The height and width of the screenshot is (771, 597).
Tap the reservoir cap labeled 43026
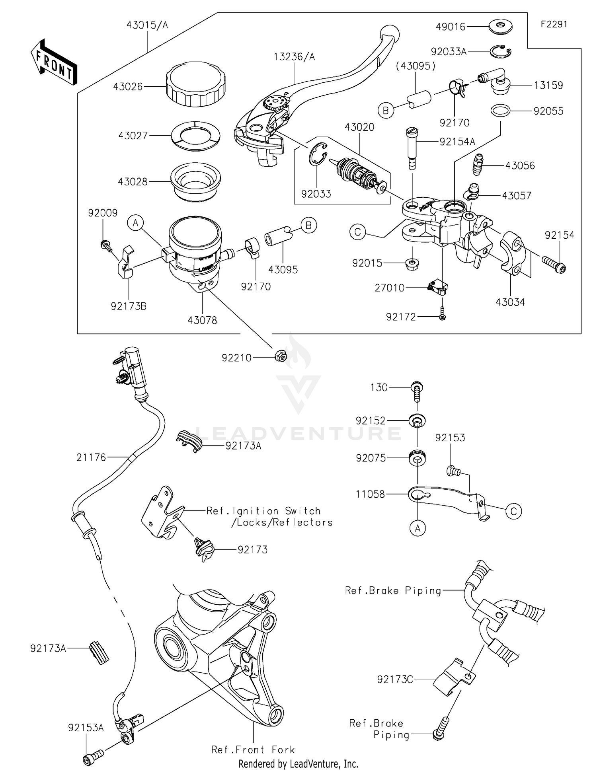(196, 85)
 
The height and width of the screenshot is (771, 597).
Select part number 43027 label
(133, 136)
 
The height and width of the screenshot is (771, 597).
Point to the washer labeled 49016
(500, 27)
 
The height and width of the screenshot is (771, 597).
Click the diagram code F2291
(554, 24)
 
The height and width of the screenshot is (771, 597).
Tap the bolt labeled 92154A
(412, 147)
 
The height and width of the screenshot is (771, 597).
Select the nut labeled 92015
(412, 264)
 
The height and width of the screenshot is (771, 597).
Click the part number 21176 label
(92, 458)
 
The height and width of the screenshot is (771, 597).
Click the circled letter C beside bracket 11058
(513, 511)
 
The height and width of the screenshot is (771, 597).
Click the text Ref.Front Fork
(253, 750)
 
